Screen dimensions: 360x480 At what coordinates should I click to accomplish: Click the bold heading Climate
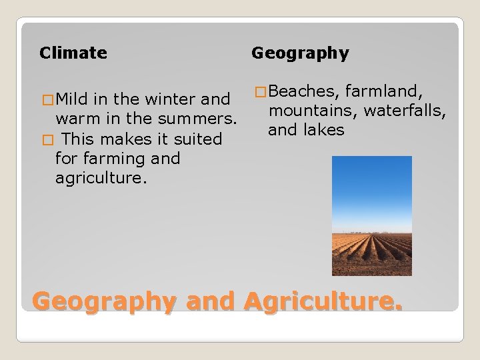(x=73, y=53)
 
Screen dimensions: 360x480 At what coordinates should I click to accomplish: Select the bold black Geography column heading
(x=300, y=53)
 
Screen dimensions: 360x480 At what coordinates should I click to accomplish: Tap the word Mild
(x=73, y=100)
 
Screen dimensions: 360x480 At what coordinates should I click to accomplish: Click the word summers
(x=203, y=119)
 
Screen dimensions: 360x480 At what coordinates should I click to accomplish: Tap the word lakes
(x=327, y=129)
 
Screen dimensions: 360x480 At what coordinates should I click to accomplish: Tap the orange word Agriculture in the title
(x=324, y=301)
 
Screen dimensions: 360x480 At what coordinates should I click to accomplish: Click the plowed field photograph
(x=371, y=215)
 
